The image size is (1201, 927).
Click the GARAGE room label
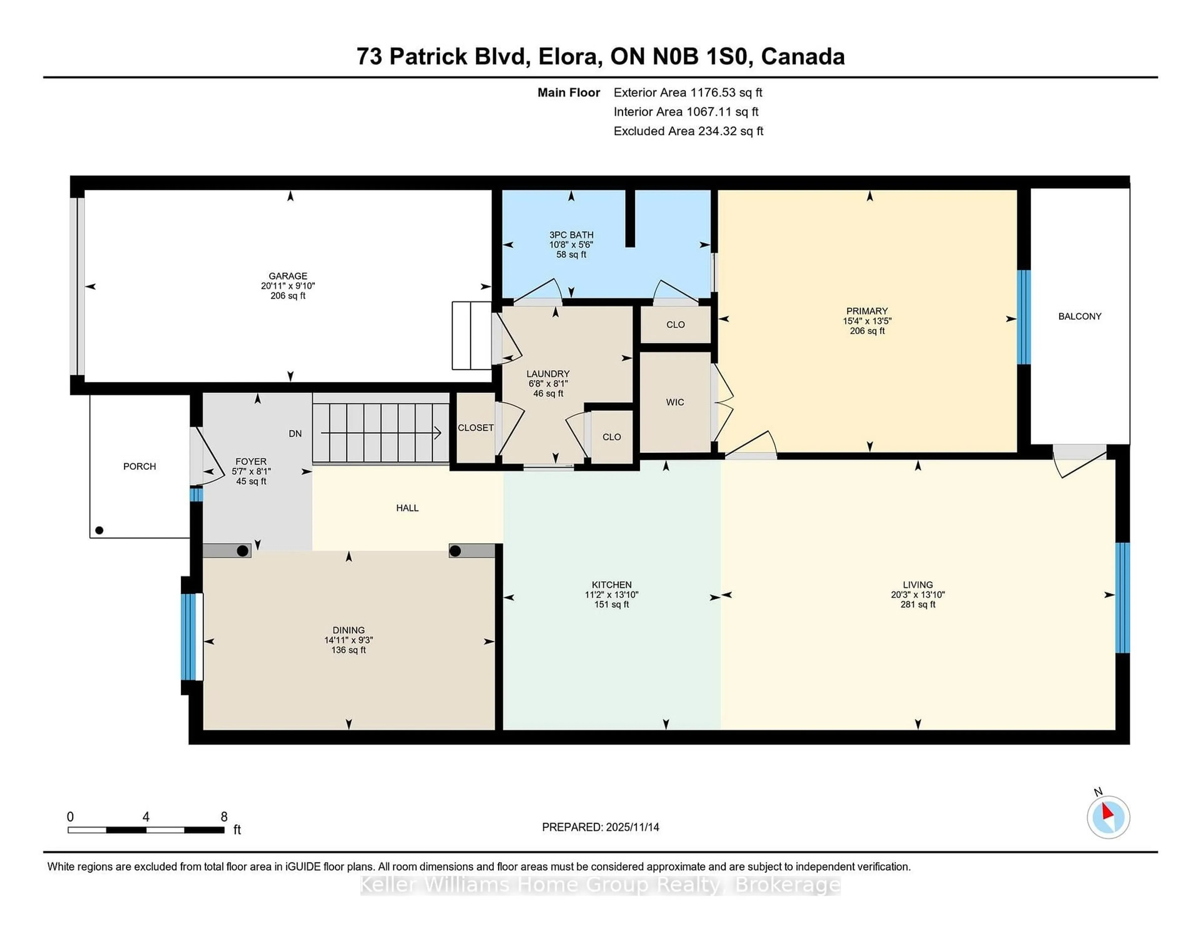coord(288,276)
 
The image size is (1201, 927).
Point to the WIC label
coord(675,402)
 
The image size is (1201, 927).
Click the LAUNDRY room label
coord(548,374)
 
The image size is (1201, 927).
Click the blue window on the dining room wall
coord(188,636)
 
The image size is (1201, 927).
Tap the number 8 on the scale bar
coord(224,817)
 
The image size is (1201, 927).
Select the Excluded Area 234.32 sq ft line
coord(688,131)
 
